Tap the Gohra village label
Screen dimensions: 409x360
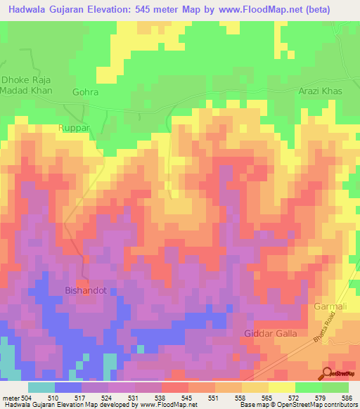point(85,92)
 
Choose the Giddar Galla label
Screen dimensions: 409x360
point(270,332)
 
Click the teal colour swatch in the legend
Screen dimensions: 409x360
point(41,387)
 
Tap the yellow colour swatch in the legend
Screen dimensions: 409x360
point(282,387)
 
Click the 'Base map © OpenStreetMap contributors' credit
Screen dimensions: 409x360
point(298,404)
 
